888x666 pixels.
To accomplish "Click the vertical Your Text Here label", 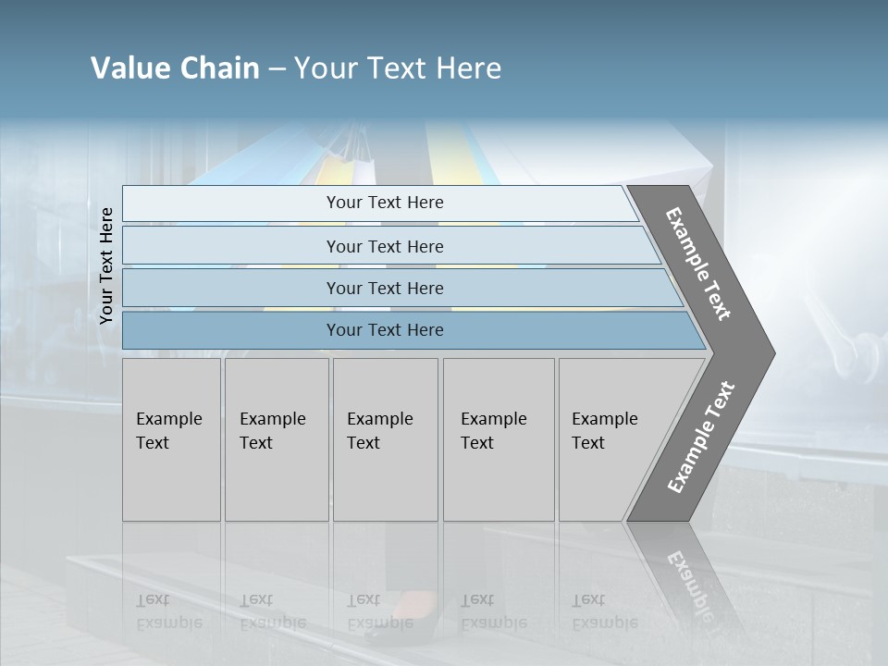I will click(x=106, y=266).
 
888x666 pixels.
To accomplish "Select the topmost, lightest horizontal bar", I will click(x=384, y=203).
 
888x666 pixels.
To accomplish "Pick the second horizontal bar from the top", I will click(x=384, y=247).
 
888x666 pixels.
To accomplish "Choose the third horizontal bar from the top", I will click(x=384, y=289).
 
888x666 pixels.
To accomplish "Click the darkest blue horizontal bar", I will click(x=384, y=330).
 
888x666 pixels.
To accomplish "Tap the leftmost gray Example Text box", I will click(x=171, y=439).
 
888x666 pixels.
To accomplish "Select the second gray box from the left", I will click(x=276, y=439).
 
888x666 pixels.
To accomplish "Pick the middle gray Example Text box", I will click(x=385, y=439).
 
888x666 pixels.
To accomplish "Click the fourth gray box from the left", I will click(x=499, y=439).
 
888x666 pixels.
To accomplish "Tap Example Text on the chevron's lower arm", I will click(x=701, y=438).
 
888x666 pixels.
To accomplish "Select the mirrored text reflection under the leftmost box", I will click(x=168, y=611).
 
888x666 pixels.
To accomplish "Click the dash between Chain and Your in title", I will click(x=277, y=69).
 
